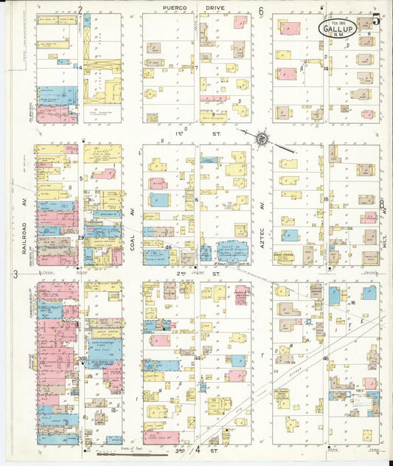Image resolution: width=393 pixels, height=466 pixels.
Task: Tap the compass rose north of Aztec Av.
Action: point(262,138)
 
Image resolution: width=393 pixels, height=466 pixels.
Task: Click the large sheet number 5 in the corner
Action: point(376,19)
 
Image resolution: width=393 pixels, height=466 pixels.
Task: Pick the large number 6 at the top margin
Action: point(261,12)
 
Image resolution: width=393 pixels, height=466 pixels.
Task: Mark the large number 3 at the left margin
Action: point(15,274)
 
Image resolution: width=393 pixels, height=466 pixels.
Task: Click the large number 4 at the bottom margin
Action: point(198,448)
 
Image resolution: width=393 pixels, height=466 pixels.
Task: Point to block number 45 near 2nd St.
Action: point(169,248)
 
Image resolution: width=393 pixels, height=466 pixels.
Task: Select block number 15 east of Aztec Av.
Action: point(325,199)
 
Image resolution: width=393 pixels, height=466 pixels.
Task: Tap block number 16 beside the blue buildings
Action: point(353,302)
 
